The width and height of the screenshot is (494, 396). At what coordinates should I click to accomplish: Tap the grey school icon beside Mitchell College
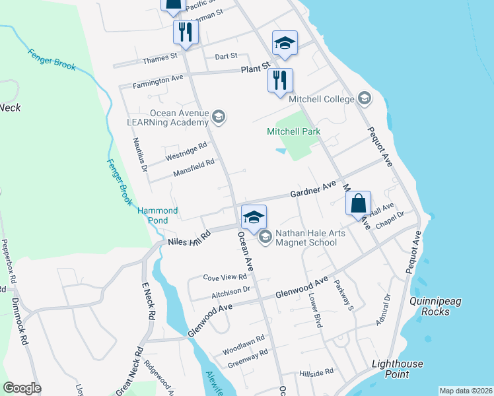[x=363, y=99]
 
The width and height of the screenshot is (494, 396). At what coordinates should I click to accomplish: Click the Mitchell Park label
[x=293, y=131]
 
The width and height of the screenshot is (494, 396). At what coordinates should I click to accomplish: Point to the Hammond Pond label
[x=157, y=215]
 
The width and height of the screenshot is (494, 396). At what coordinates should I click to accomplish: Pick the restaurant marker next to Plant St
[x=280, y=81]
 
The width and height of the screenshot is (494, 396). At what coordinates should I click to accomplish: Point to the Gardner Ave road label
[x=314, y=191]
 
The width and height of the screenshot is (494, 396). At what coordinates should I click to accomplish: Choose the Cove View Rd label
[x=225, y=278]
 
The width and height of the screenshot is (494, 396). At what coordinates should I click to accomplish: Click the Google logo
[x=22, y=388]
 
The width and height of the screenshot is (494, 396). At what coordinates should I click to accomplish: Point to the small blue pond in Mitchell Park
[x=282, y=151]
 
